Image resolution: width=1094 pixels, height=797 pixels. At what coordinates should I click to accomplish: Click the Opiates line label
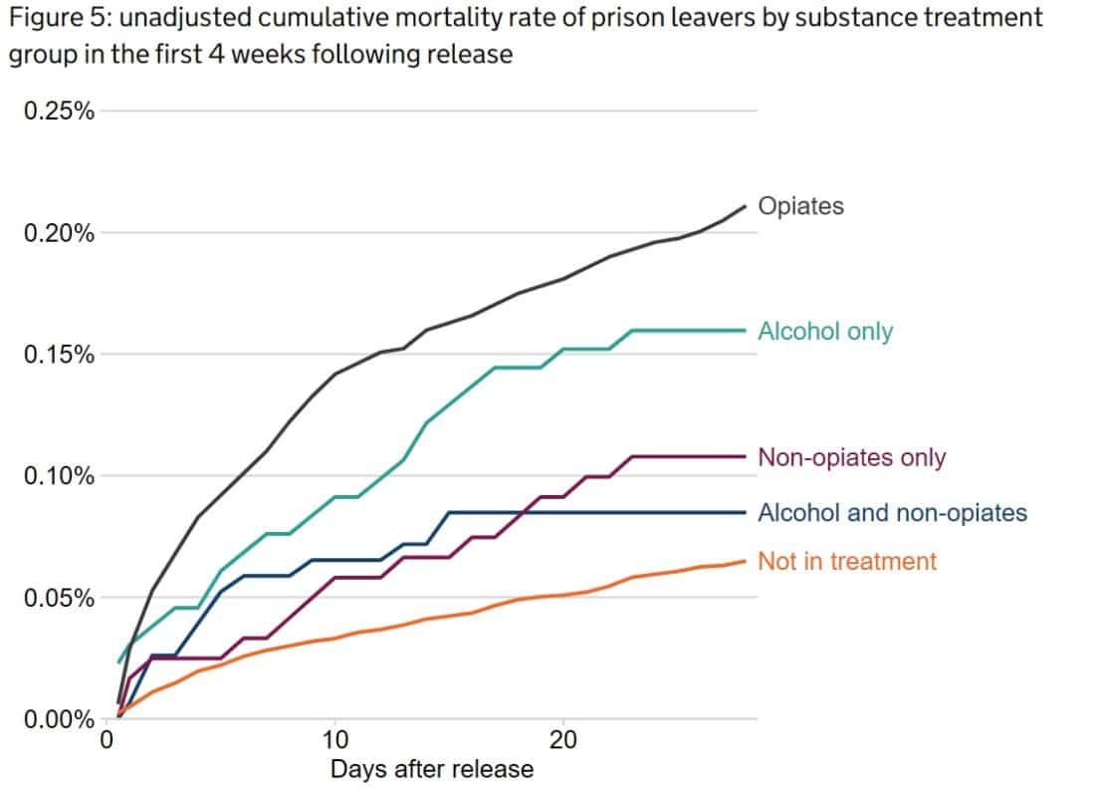click(800, 206)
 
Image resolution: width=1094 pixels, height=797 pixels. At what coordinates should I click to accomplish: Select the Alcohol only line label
click(825, 331)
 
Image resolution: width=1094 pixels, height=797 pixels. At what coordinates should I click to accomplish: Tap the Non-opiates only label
click(851, 457)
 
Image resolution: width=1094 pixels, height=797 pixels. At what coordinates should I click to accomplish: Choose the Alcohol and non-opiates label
click(892, 513)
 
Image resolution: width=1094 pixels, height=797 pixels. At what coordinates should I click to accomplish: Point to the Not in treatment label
click(847, 561)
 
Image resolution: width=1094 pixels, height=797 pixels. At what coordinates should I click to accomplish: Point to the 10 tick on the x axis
click(335, 741)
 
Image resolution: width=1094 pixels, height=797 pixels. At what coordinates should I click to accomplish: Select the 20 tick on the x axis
click(563, 741)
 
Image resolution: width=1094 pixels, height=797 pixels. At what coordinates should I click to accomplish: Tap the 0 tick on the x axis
click(108, 741)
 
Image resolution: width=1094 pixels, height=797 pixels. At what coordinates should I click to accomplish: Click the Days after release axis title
click(431, 769)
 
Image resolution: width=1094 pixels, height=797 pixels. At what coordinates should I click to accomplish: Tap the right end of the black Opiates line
click(745, 206)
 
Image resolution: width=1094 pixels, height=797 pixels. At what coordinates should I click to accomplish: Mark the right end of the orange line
click(745, 561)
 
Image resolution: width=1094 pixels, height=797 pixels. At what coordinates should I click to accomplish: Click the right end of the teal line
click(745, 330)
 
